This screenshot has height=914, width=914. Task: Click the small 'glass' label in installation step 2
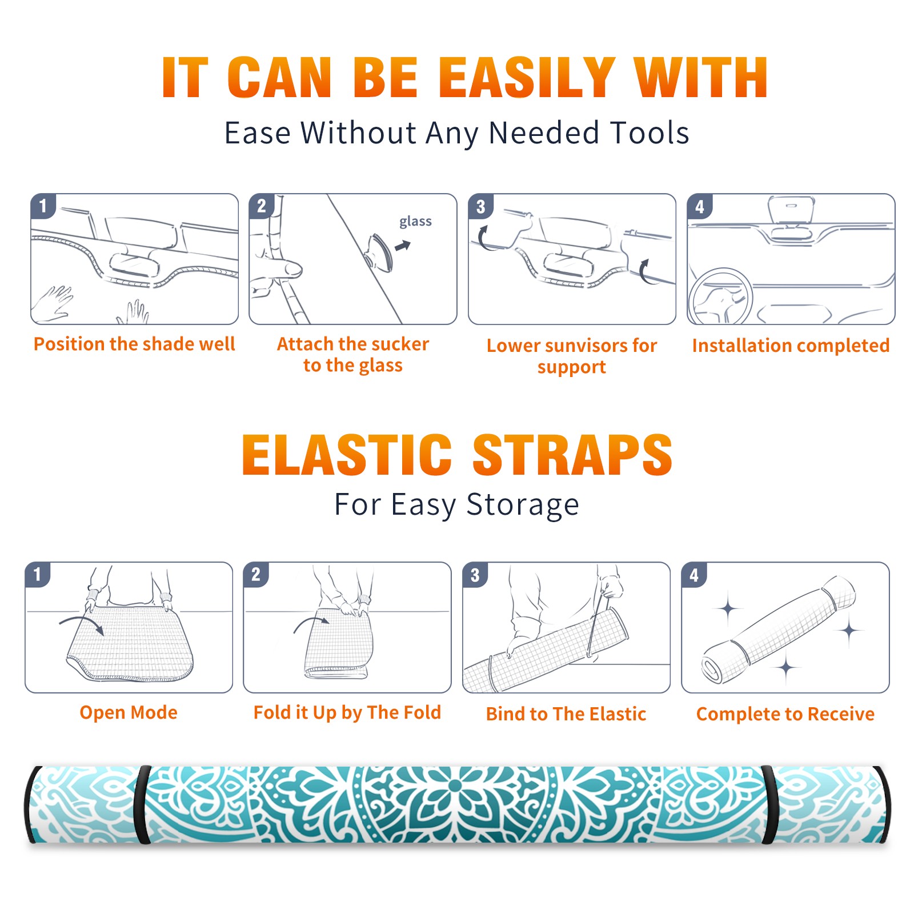click(x=415, y=222)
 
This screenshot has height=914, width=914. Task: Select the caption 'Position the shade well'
click(x=134, y=344)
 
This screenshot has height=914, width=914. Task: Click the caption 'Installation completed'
click(x=791, y=345)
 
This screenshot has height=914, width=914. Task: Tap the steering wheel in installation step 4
click(x=720, y=297)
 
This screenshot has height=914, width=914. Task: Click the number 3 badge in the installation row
click(x=481, y=206)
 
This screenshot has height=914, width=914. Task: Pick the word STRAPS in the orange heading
click(x=572, y=455)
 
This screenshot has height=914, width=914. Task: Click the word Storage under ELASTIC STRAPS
click(x=523, y=505)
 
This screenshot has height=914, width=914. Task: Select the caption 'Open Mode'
click(x=129, y=712)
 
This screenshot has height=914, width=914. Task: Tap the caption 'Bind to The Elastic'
click(x=566, y=714)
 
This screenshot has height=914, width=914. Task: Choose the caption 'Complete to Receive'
click(x=785, y=714)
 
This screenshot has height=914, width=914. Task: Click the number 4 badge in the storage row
click(x=694, y=575)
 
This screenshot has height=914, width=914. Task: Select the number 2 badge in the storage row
click(x=256, y=575)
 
